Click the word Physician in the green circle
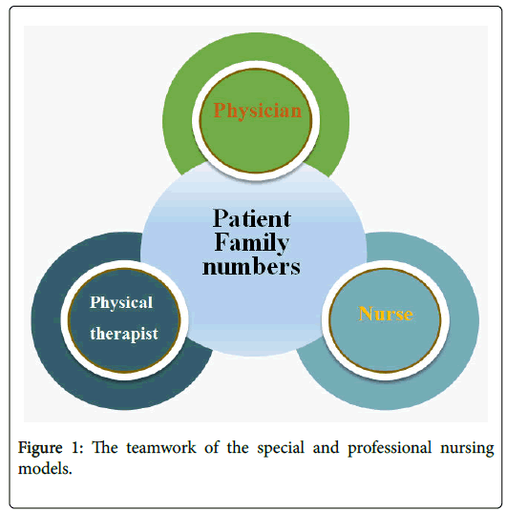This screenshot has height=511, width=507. pos(258,111)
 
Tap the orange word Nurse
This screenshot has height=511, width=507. pos(386,314)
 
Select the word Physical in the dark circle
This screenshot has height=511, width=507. pos(121,303)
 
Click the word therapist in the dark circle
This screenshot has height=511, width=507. pos(124,334)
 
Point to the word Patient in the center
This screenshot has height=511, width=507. pos(252,218)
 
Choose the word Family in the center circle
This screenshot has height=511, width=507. pos(251,243)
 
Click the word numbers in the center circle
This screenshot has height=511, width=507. pos(251,267)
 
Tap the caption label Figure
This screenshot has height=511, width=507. pos(40,448)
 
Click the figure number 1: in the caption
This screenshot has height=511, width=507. pos(77,447)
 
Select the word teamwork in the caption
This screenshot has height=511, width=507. pos(161,447)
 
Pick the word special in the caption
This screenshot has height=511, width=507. pos(281,448)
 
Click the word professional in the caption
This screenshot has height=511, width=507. pos(390,448)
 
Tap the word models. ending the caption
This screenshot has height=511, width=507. pos(45,469)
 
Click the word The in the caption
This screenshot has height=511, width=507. pos(104,447)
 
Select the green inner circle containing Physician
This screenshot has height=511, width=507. pos(256,120)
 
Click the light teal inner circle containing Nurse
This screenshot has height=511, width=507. pos(386,319)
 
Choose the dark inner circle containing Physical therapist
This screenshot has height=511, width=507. pos(124,319)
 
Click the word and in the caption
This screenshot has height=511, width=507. pos(326,447)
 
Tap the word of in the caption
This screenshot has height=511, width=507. pos(212,447)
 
